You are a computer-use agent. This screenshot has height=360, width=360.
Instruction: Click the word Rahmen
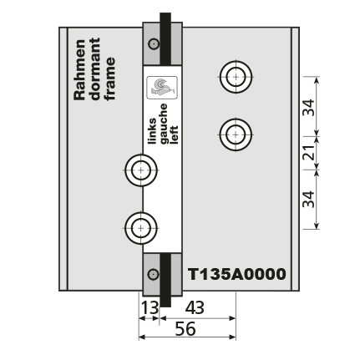pyautogui.click(x=79, y=70)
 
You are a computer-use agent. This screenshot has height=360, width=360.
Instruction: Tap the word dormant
pyautogui.click(x=95, y=69)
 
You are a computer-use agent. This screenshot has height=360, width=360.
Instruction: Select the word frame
pyautogui.click(x=109, y=79)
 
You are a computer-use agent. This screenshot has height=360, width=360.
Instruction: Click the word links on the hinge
pyautogui.click(x=152, y=131)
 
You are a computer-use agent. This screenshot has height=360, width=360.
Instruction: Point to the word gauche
pyautogui.click(x=163, y=124)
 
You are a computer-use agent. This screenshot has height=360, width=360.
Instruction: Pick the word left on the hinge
pyautogui.click(x=174, y=134)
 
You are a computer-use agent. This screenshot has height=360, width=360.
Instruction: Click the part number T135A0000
pyautogui.click(x=237, y=274)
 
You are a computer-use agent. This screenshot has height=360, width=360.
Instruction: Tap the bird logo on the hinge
pyautogui.click(x=162, y=88)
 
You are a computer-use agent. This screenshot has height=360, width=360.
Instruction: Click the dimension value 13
pyautogui.click(x=150, y=308)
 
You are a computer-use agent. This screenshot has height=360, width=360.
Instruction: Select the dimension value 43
pyautogui.click(x=195, y=308)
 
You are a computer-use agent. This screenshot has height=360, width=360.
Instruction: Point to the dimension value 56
pyautogui.click(x=185, y=329)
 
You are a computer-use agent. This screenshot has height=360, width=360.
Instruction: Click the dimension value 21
pyautogui.click(x=309, y=152)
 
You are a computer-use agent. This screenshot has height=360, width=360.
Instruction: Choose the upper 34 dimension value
pyautogui.click(x=309, y=107)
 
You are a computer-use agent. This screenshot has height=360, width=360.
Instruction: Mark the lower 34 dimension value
pyautogui.click(x=309, y=199)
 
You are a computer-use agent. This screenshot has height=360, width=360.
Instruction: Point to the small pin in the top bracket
pyautogui.click(x=154, y=44)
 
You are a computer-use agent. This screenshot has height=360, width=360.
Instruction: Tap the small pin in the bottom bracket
pyautogui.click(x=153, y=275)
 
